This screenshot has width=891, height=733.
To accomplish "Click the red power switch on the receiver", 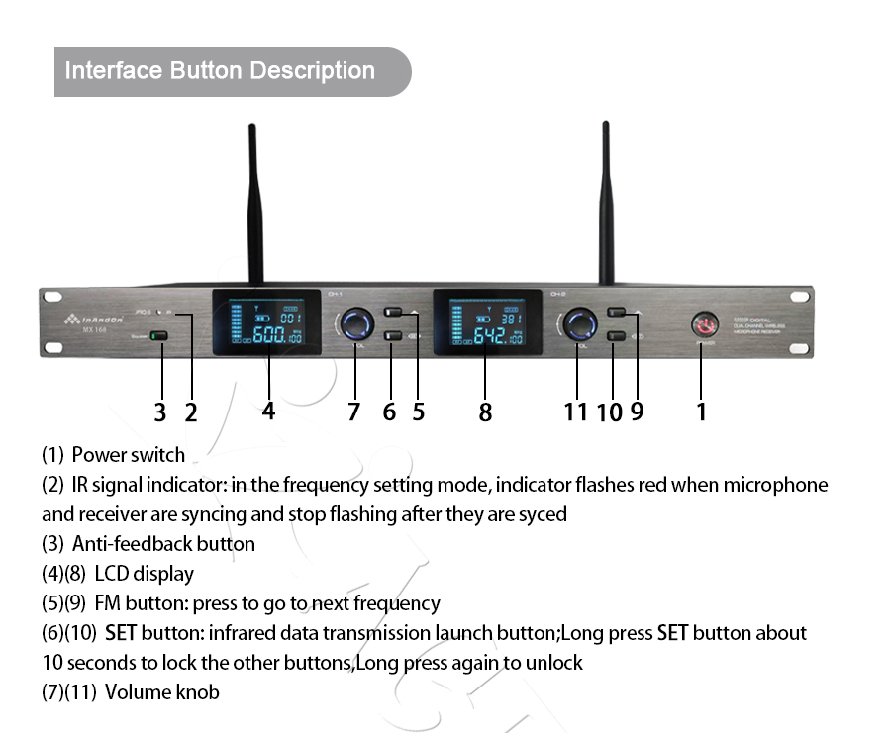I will point(704,324).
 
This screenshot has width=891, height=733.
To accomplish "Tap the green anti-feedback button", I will point(160,336).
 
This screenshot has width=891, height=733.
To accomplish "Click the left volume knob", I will point(355,323).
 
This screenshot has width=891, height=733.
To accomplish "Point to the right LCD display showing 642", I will point(486,322).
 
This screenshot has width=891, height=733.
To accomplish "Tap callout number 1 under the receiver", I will point(702,411).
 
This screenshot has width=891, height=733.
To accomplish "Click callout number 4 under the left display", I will point(268,411).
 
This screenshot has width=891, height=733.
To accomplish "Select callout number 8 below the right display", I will point(485,412).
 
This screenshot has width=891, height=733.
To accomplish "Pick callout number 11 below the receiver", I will point(575,412).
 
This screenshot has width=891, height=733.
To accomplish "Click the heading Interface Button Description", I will point(220,71).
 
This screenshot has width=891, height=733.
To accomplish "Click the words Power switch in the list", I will point(129,456).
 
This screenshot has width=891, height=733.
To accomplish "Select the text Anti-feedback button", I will point(163,544).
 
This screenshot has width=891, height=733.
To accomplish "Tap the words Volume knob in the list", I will point(161,692).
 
